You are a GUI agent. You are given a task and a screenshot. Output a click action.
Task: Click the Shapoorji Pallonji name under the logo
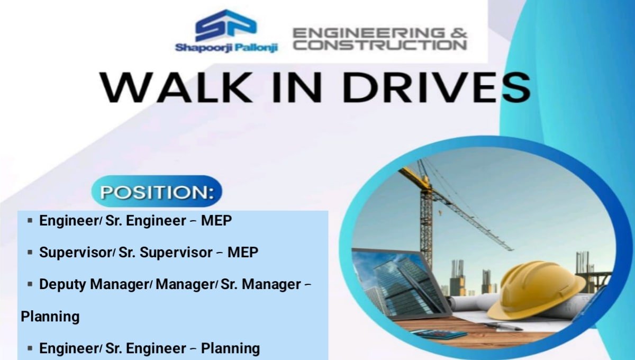click(x=226, y=48)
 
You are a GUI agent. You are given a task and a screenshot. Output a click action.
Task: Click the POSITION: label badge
click(x=157, y=191)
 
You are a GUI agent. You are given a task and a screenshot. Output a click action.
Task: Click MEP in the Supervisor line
click(x=243, y=253)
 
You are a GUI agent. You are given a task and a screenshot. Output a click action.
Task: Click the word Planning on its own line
click(x=50, y=317)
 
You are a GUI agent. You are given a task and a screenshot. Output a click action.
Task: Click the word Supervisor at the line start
click(x=75, y=253)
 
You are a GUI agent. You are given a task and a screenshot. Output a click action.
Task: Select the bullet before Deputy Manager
click(x=30, y=284)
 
